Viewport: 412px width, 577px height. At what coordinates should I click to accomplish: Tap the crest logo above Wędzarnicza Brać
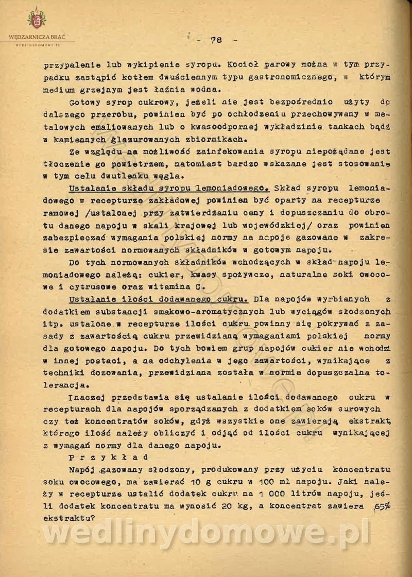pos(37,19)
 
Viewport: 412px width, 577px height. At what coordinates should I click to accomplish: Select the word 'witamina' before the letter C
pos(166,286)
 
